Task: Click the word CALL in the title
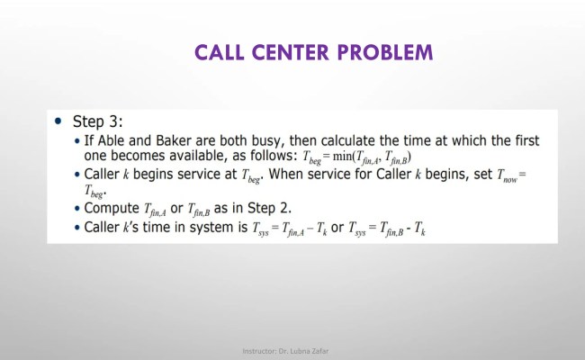(x=225, y=52)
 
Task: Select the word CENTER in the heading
(x=296, y=52)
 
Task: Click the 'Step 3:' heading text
(x=102, y=121)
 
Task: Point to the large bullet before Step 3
(x=58, y=121)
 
